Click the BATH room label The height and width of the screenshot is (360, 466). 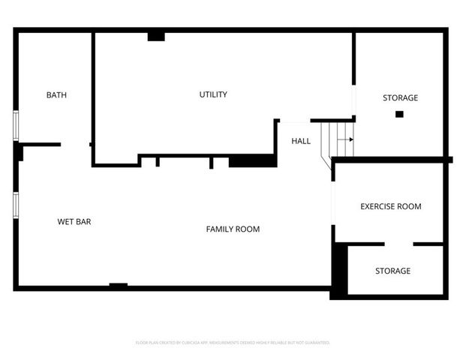(56, 95)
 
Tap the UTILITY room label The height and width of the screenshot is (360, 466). (213, 94)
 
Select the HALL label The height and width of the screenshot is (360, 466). (301, 141)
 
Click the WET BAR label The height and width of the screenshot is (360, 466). (74, 221)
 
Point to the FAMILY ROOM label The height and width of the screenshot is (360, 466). (233, 229)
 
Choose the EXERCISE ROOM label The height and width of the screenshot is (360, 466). (390, 206)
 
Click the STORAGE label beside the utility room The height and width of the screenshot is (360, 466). (400, 98)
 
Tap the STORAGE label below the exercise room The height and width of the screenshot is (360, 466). (392, 271)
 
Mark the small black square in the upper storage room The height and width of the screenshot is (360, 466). (399, 114)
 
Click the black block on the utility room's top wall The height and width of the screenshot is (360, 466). (156, 35)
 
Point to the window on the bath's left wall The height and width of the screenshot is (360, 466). (16, 125)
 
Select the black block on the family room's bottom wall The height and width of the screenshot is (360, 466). (118, 285)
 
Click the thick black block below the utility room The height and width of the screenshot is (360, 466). (252, 160)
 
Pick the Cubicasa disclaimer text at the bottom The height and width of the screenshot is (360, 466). (233, 342)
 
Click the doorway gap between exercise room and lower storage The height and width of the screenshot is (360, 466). (398, 244)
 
